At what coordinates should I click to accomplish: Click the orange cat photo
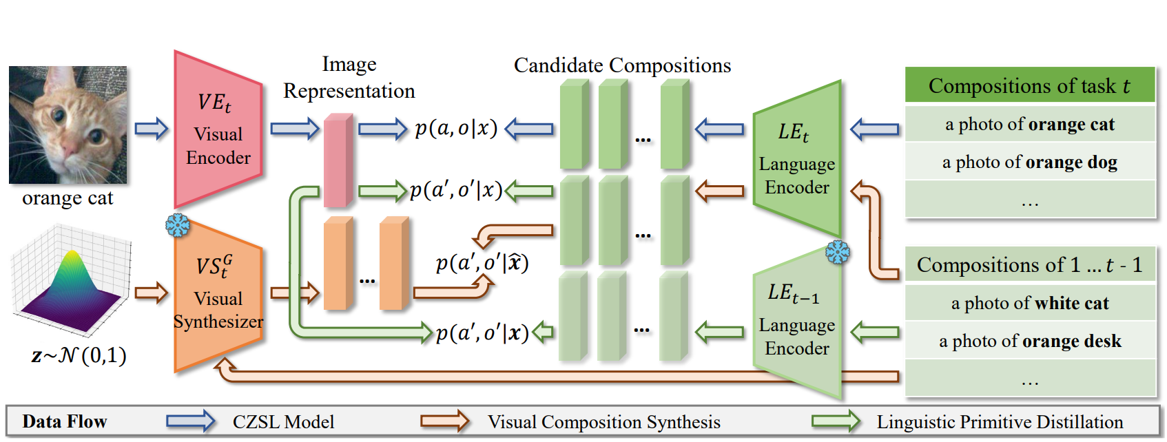(68, 125)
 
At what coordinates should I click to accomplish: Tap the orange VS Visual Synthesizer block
(218, 296)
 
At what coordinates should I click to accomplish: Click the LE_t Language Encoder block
(797, 158)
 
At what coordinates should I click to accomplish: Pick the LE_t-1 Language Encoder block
(797, 322)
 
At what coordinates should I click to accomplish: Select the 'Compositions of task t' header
(1029, 85)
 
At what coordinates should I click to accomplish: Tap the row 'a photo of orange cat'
(1029, 125)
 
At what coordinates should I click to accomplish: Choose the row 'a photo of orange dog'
(1029, 162)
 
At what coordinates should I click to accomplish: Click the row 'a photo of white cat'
(1029, 304)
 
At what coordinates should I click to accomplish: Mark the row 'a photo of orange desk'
(1029, 341)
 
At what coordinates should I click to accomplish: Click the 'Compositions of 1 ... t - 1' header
(1029, 265)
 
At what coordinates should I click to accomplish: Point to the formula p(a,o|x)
(455, 129)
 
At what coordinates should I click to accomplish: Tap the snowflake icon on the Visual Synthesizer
(178, 224)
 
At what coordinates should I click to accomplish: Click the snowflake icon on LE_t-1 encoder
(838, 252)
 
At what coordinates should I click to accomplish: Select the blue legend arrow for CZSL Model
(190, 421)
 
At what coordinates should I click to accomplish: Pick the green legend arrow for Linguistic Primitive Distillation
(835, 421)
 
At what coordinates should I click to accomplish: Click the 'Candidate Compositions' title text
(622, 65)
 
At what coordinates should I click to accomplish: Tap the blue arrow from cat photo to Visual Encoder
(152, 129)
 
